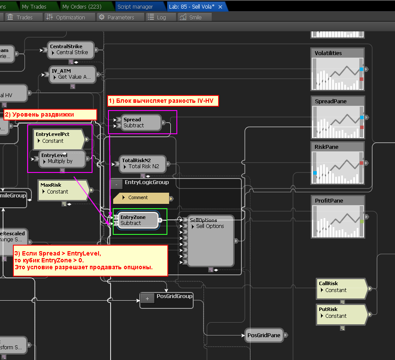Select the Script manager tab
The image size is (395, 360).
click(135, 7)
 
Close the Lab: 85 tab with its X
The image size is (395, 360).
click(220, 7)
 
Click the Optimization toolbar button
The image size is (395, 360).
click(65, 17)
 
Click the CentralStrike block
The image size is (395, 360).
click(71, 49)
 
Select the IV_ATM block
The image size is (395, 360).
click(71, 74)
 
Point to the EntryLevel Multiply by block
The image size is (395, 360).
click(62, 158)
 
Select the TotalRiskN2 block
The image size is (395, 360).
click(142, 163)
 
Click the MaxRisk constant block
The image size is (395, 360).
click(63, 188)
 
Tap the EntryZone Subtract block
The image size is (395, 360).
click(136, 220)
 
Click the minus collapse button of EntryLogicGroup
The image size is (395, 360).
click(116, 184)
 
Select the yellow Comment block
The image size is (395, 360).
click(141, 198)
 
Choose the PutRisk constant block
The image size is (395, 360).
click(342, 313)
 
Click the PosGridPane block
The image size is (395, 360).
click(264, 335)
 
